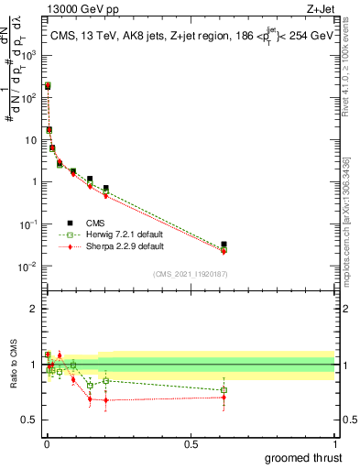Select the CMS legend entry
pyautogui.click(x=89, y=222)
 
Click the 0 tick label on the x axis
pyautogui.click(x=47, y=443)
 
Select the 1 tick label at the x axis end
pyautogui.click(x=334, y=443)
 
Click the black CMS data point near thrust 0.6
pyautogui.click(x=224, y=245)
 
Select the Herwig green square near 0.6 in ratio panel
pyautogui.click(x=224, y=390)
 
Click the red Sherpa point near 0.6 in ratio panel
pyautogui.click(x=224, y=398)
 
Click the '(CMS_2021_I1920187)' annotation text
pyautogui.click(x=190, y=274)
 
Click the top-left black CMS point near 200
pyautogui.click(x=48, y=86)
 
